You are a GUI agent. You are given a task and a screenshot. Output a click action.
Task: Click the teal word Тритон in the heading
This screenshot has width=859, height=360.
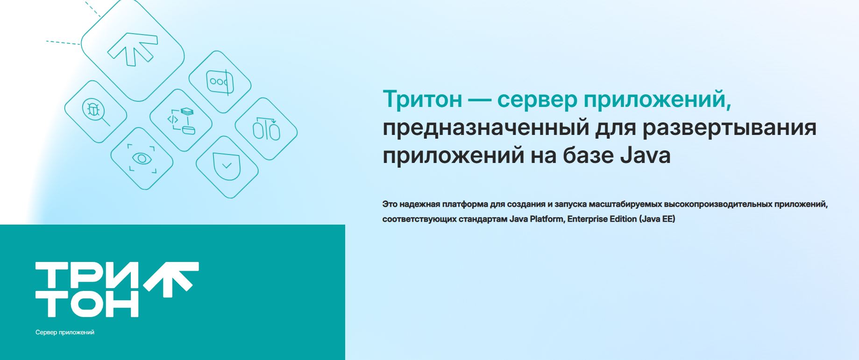[x=422, y=99]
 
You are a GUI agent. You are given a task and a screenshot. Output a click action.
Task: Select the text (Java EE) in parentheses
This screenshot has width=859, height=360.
[x=657, y=219]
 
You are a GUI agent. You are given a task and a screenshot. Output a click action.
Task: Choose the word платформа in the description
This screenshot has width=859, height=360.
[x=464, y=205]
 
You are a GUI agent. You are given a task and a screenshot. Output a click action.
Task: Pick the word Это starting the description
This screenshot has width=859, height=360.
[x=390, y=205]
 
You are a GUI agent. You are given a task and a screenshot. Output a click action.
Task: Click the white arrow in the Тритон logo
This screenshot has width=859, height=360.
[x=171, y=279]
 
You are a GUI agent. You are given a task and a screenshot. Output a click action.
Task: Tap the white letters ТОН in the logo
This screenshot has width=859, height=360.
[x=87, y=304]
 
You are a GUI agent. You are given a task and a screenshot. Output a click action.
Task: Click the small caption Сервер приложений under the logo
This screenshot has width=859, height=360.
[x=65, y=332]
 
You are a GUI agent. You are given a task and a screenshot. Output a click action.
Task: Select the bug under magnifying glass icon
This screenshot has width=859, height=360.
[x=96, y=112]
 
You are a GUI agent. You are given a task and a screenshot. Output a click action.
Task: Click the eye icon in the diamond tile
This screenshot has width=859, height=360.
[x=142, y=158]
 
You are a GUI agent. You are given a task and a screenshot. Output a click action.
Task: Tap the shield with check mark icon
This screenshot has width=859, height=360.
[x=227, y=167]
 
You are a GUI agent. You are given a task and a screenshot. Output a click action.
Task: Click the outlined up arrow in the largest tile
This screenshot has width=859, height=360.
[x=132, y=48]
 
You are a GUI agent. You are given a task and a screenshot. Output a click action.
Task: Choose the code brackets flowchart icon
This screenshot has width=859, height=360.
[x=181, y=120]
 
